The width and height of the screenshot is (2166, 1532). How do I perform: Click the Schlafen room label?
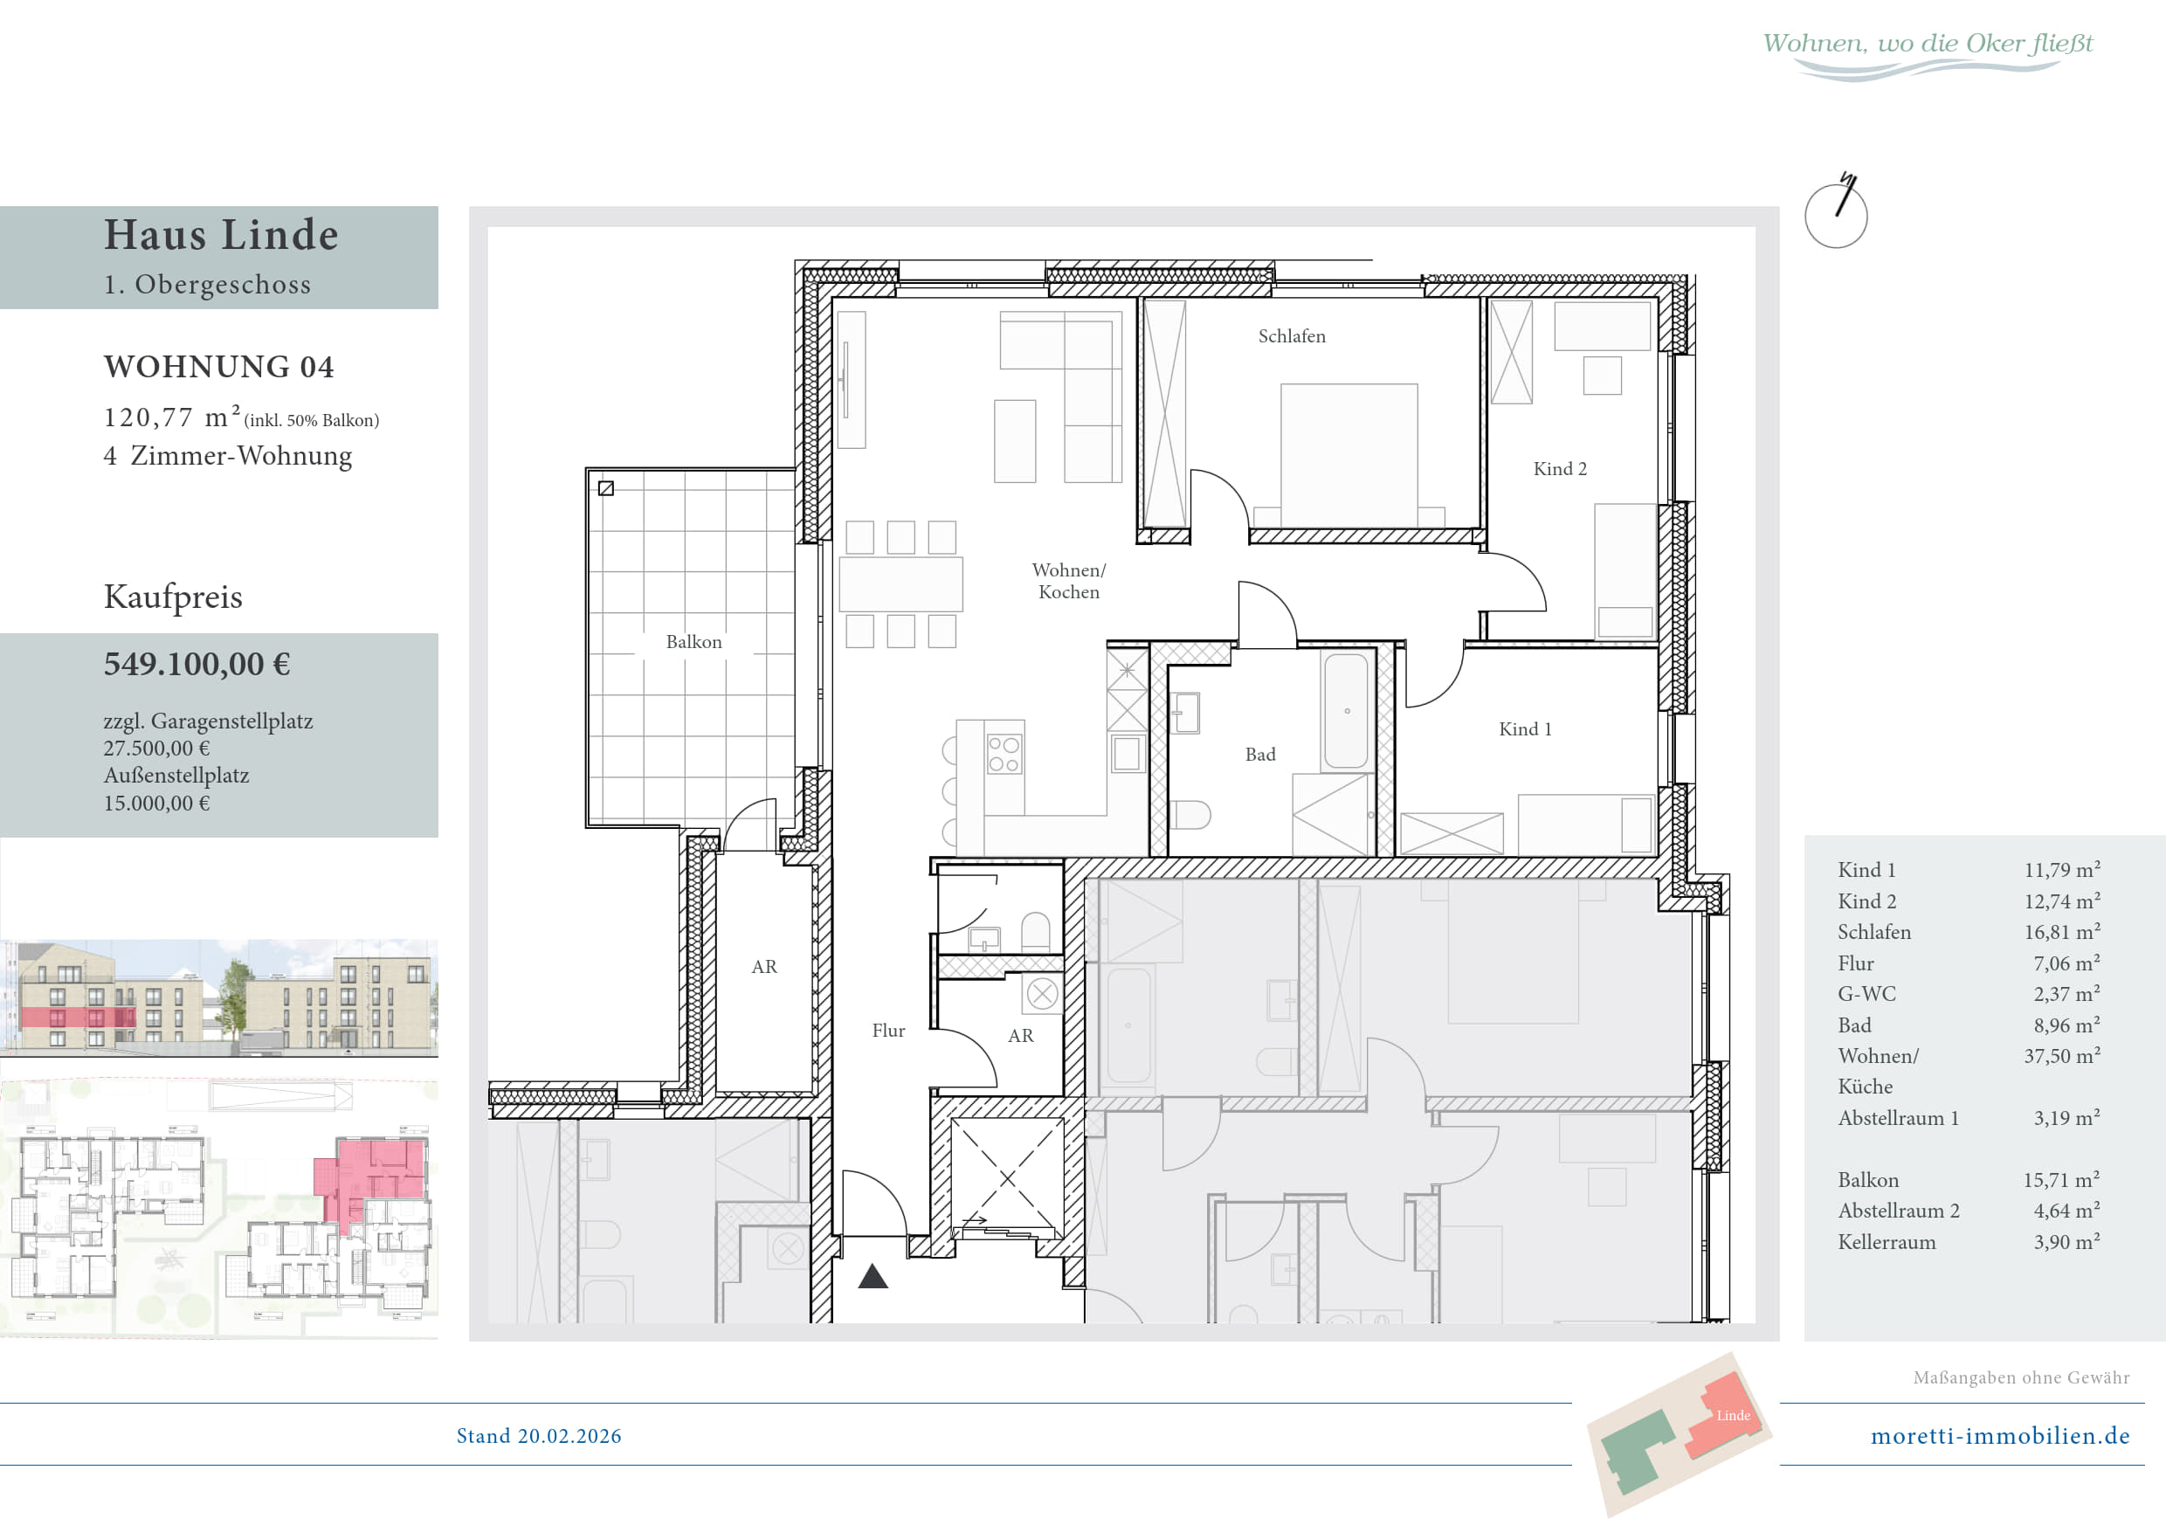(x=1292, y=337)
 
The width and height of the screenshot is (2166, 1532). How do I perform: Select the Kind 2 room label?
(x=1559, y=469)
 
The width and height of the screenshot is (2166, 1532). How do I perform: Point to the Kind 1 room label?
(x=1525, y=729)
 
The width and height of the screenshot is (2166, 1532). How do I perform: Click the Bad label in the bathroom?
(x=1259, y=755)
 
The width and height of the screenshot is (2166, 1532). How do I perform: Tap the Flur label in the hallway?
(x=887, y=1031)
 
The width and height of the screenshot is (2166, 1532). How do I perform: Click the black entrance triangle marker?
(x=873, y=1276)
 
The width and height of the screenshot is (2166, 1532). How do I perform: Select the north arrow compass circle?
(x=1836, y=216)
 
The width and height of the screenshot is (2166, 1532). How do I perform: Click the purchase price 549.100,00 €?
(x=197, y=664)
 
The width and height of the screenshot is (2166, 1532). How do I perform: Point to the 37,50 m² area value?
(x=2061, y=1057)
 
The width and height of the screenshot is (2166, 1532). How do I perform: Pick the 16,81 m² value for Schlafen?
(x=2061, y=932)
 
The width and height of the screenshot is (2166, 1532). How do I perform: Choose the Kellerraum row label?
(x=1886, y=1242)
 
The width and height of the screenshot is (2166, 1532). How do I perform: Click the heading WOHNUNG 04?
(x=219, y=367)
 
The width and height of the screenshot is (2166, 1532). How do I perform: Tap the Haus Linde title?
(x=221, y=235)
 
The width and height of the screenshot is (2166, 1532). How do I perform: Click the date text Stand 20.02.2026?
(x=539, y=1436)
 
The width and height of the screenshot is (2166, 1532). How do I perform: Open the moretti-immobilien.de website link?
(x=2000, y=1436)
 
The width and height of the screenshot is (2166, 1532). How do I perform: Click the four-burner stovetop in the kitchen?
(x=1004, y=755)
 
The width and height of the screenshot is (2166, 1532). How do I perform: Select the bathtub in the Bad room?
(x=1346, y=710)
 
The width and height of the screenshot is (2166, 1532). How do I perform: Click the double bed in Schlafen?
(x=1349, y=455)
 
